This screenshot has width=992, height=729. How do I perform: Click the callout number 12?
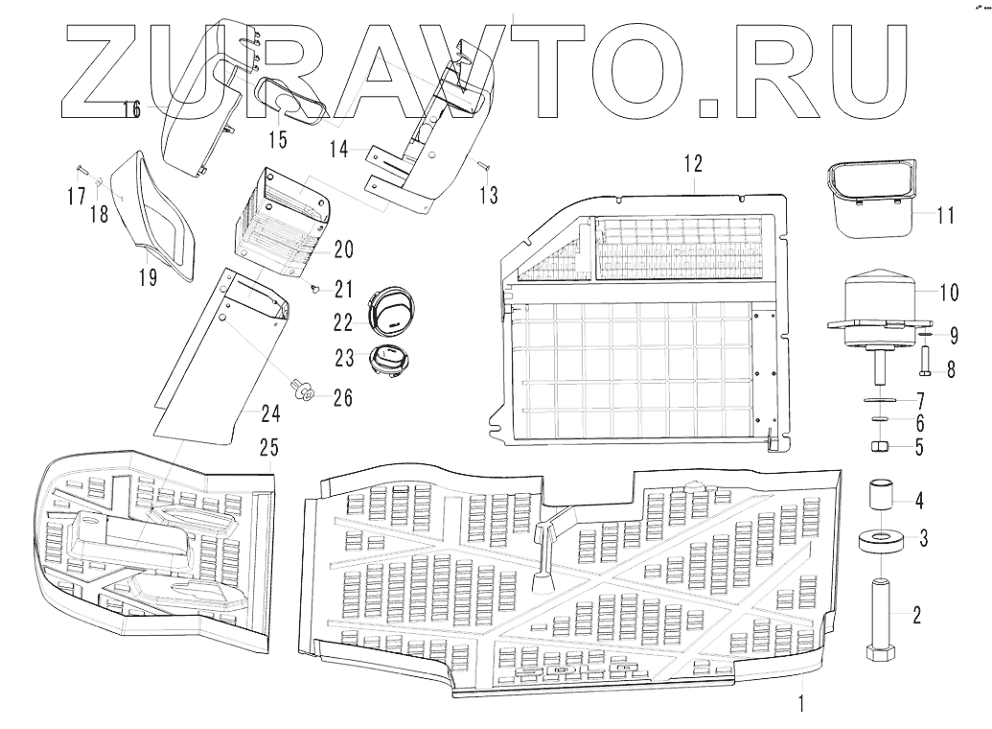(693, 164)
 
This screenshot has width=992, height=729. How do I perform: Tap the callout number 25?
(268, 448)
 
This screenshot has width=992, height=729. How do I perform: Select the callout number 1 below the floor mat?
(800, 703)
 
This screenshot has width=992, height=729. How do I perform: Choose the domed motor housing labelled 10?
(880, 293)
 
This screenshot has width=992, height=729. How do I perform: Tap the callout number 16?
(131, 110)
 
